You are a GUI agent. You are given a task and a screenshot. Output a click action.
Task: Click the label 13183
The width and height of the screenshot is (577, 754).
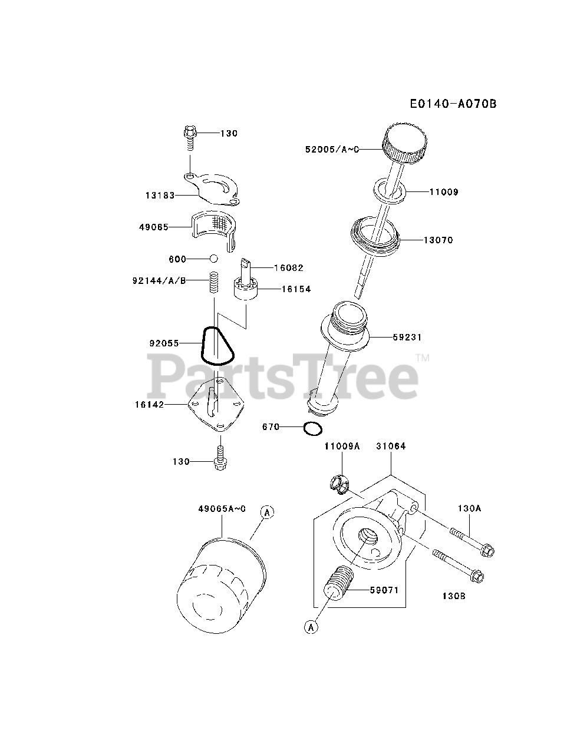160,195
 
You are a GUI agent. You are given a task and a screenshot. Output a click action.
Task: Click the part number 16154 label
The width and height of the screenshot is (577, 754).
296,289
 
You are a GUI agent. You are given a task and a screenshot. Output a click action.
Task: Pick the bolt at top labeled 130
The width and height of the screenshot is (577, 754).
190,135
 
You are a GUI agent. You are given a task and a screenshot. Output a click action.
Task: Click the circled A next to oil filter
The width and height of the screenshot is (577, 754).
267,513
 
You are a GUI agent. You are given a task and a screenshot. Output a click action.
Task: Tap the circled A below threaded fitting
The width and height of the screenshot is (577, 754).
311,627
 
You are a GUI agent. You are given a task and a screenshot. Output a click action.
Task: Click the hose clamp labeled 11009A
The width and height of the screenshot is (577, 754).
338,483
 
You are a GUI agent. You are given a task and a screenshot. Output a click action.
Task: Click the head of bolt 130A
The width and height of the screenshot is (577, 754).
487,551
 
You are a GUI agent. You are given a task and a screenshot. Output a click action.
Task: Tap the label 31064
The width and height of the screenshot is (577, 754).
391,447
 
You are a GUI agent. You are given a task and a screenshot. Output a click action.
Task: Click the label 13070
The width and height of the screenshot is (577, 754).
438,240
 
